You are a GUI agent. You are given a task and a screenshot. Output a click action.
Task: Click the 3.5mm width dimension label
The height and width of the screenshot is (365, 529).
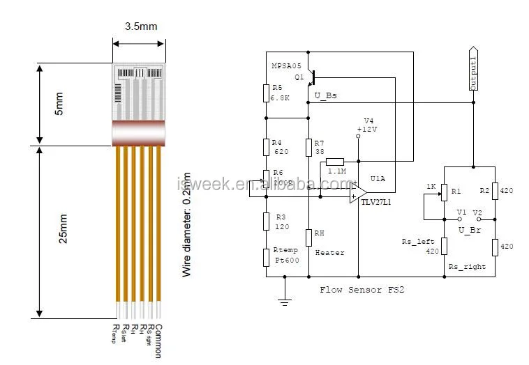pyautogui.click(x=141, y=26)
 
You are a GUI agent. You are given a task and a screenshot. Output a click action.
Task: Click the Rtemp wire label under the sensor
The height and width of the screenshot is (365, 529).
pyautogui.click(x=116, y=335)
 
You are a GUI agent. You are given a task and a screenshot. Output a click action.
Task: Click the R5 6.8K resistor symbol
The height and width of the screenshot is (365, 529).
pyautogui.click(x=266, y=93)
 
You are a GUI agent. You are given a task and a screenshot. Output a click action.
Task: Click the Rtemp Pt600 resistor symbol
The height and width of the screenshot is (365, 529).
pyautogui.click(x=266, y=256)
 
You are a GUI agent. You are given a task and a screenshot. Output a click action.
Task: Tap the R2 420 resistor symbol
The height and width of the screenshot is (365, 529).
pyautogui.click(x=493, y=191)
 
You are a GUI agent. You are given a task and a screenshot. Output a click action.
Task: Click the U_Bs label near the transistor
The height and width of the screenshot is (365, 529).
pyautogui.click(x=325, y=95)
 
